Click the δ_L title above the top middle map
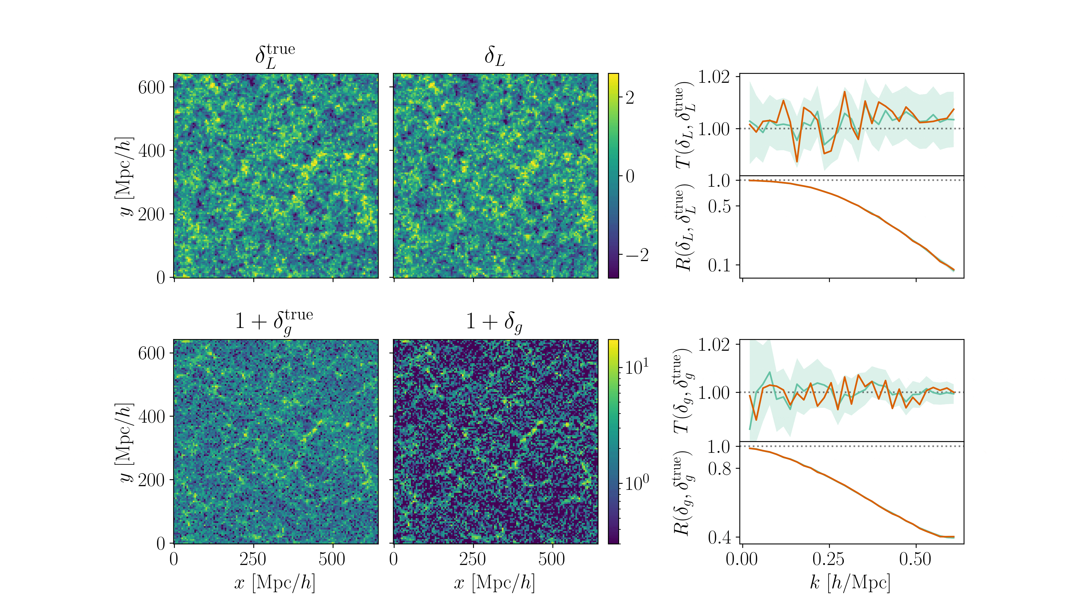[x=495, y=56]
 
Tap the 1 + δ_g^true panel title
[x=274, y=322]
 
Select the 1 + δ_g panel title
[x=495, y=322]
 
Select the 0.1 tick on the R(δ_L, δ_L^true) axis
[x=719, y=265]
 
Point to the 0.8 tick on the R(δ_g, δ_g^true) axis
[x=719, y=468]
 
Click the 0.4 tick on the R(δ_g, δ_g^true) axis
[x=719, y=537]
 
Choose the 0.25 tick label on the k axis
[x=829, y=559]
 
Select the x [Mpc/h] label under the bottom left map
[x=275, y=582]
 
